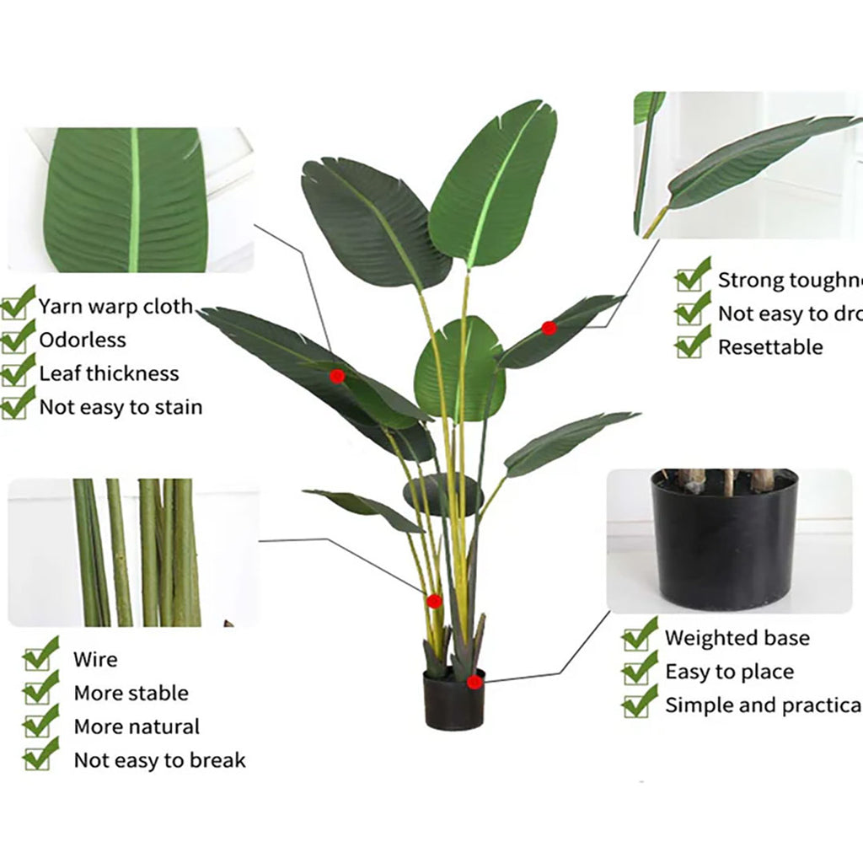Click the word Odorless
click(83, 340)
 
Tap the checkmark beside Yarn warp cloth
click(17, 304)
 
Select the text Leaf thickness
click(109, 373)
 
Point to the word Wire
click(95, 660)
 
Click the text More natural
click(137, 726)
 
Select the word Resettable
click(770, 347)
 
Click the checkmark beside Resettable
click(693, 342)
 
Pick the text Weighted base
click(737, 638)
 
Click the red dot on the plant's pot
click(474, 682)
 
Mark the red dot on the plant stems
click(434, 601)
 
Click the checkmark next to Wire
click(40, 655)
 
